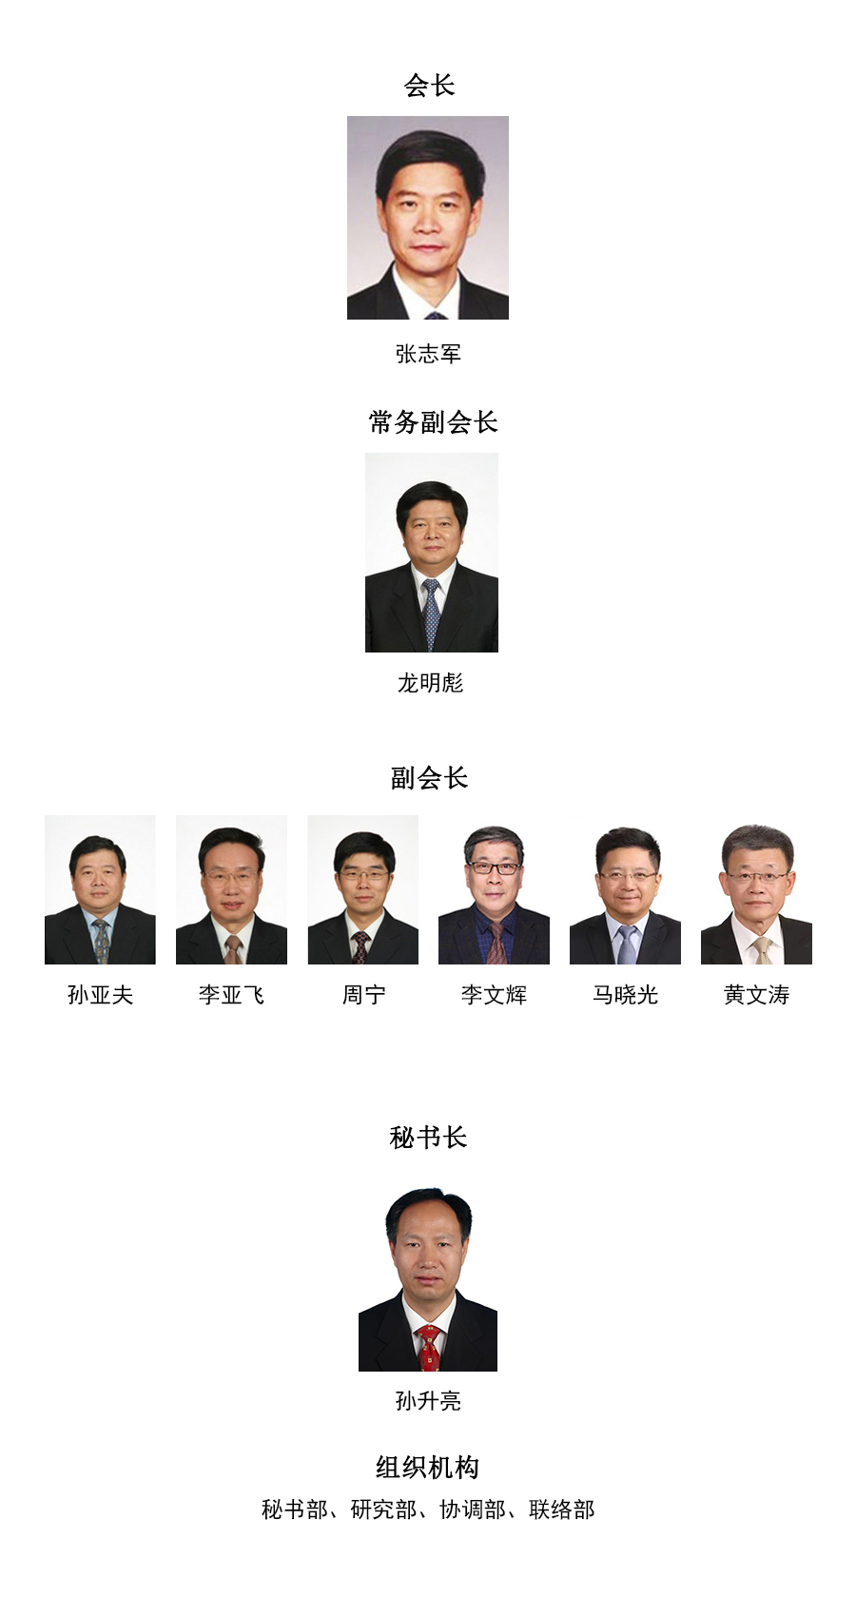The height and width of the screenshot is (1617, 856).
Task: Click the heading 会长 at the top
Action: (x=429, y=86)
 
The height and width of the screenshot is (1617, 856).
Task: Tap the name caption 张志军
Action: (x=428, y=354)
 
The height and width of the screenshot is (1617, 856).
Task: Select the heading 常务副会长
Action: (x=433, y=422)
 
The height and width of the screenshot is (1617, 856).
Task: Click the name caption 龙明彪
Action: (x=430, y=683)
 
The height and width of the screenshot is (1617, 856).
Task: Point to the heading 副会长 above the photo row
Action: (x=430, y=778)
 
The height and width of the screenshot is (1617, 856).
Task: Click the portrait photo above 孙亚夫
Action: (x=100, y=890)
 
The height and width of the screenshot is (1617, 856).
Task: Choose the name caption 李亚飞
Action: (x=232, y=996)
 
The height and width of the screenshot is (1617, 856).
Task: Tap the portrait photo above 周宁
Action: (x=363, y=890)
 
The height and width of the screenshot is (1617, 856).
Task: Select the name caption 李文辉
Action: (x=495, y=996)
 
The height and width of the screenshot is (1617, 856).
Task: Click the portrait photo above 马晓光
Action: (x=625, y=890)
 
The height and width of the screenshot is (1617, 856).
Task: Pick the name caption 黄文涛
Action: (x=756, y=996)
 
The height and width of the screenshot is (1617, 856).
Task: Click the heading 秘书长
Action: (x=429, y=1139)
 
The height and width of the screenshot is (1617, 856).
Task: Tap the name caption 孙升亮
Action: (x=428, y=1401)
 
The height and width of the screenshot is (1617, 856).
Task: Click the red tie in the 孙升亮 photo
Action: (x=429, y=1348)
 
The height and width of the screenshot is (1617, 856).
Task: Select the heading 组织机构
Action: (x=428, y=1468)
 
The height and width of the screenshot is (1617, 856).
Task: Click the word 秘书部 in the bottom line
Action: (x=295, y=1510)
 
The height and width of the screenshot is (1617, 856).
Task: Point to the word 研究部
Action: (x=383, y=1510)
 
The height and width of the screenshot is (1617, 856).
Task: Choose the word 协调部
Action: (x=473, y=1510)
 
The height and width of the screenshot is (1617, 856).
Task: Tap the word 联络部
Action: (x=561, y=1510)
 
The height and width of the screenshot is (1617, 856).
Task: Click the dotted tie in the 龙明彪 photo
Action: (x=431, y=614)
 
